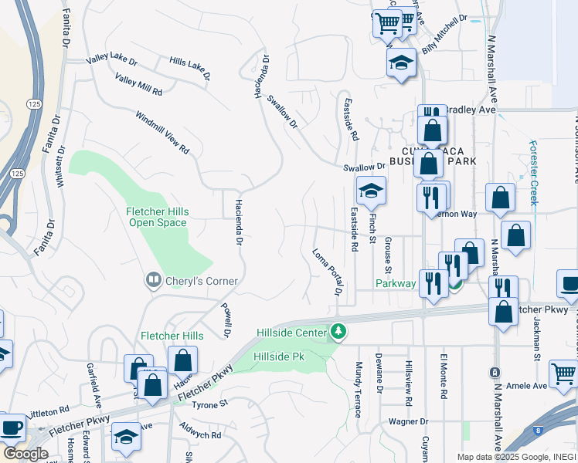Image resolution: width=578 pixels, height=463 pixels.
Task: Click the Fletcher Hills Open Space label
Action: (x=157, y=217)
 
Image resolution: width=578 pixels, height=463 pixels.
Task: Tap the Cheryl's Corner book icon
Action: (x=153, y=280)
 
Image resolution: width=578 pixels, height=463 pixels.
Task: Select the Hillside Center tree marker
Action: (x=338, y=331)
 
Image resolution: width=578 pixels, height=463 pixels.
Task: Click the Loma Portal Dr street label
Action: (x=327, y=272)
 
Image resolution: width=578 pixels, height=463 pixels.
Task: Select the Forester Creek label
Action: (x=533, y=171)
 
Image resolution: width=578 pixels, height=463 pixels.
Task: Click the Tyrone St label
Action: (x=211, y=404)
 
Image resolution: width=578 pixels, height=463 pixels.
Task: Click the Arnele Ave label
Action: (x=527, y=385)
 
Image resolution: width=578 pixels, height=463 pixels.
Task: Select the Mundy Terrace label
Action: (x=359, y=389)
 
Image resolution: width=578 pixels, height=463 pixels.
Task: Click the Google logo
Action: (x=25, y=454)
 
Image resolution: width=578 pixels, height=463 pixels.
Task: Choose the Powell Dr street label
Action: (x=227, y=319)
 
